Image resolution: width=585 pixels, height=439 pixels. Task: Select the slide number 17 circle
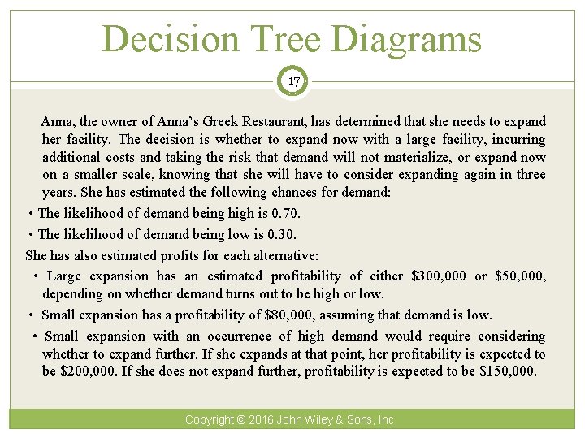[x=292, y=81]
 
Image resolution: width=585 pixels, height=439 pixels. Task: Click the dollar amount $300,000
[x=439, y=276]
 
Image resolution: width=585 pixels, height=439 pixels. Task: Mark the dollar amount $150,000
[x=508, y=372]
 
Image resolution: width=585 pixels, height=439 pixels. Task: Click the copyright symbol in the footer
[x=241, y=420]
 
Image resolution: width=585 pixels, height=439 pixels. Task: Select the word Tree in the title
[x=275, y=38]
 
